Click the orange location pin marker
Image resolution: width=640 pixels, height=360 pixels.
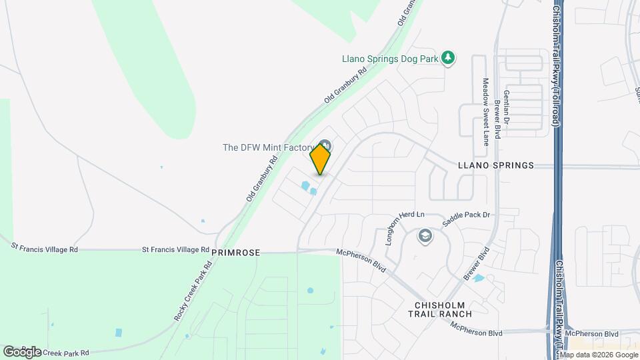pyautogui.click(x=321, y=159)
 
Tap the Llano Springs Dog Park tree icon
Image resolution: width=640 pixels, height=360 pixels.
pyautogui.click(x=449, y=58)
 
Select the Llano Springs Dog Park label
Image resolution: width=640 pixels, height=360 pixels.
pyautogui.click(x=391, y=59)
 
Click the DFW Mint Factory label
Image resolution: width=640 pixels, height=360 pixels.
pyautogui.click(x=268, y=147)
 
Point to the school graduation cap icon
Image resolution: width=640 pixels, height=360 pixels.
pyautogui.click(x=424, y=235)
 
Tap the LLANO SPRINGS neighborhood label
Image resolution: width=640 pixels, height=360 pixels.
pyautogui.click(x=496, y=165)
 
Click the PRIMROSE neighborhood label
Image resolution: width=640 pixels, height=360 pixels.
pyautogui.click(x=235, y=253)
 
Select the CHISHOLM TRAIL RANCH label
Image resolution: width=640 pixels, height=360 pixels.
pyautogui.click(x=439, y=309)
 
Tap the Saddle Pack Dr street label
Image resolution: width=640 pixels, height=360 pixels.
pyautogui.click(x=467, y=215)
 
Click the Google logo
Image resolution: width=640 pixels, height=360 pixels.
pyautogui.click(x=22, y=351)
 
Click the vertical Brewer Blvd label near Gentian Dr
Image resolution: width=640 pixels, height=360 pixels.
pyautogui.click(x=497, y=119)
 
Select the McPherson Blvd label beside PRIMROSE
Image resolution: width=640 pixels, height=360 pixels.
pyautogui.click(x=361, y=257)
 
